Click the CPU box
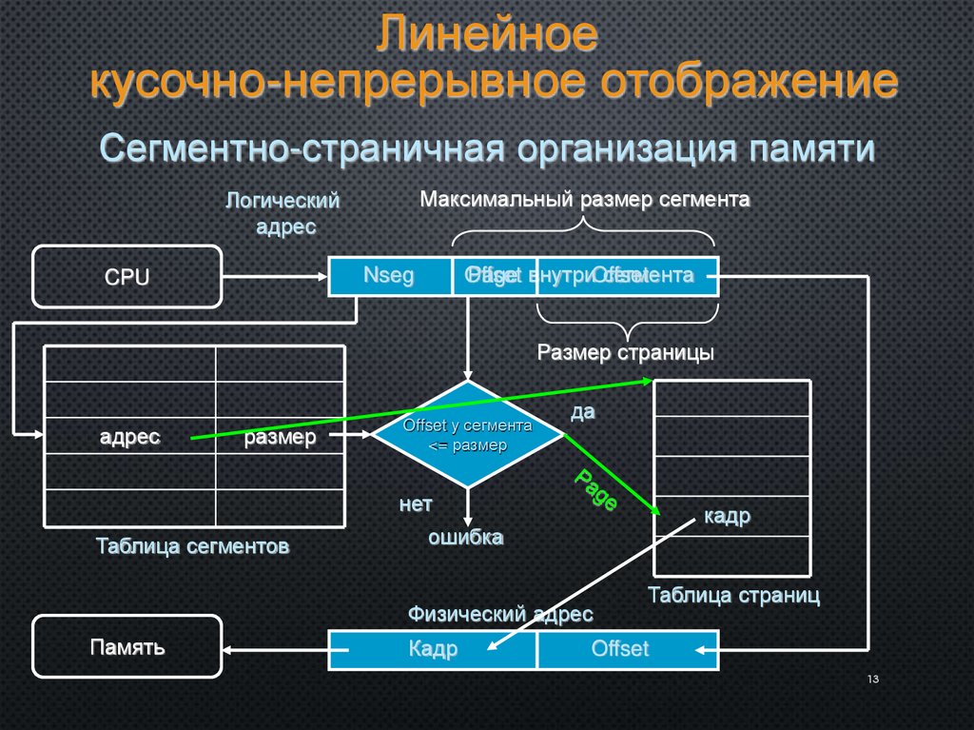click(127, 277)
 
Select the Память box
click(127, 647)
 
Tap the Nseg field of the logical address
click(390, 276)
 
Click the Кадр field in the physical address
click(433, 649)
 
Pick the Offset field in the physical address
click(619, 649)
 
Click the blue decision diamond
click(467, 436)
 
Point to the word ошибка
click(465, 537)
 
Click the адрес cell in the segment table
click(130, 437)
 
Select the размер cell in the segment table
click(281, 437)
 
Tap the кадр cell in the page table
click(728, 516)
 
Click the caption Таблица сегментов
click(192, 546)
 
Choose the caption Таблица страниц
click(733, 596)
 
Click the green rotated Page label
click(596, 489)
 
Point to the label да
click(582, 411)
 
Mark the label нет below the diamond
click(416, 504)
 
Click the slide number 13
click(872, 680)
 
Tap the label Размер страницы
click(625, 352)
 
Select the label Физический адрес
click(500, 614)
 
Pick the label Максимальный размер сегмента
click(585, 200)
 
